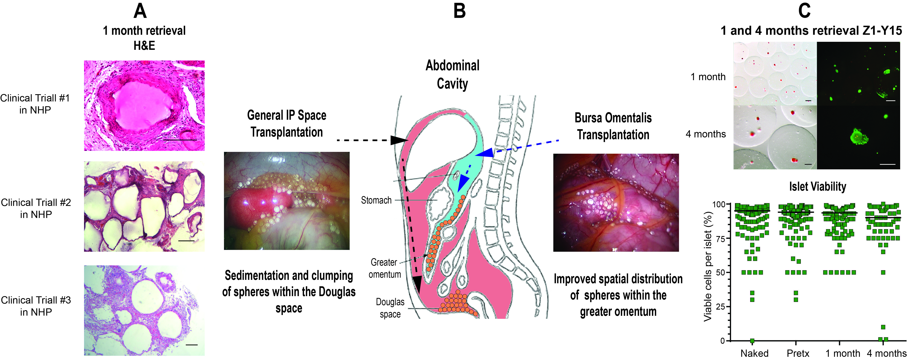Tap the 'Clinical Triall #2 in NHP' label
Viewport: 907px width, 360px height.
tap(36, 208)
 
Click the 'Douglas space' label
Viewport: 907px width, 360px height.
tap(390, 308)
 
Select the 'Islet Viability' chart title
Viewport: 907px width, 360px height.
tap(818, 186)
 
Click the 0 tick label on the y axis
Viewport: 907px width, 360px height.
tap(722, 341)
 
